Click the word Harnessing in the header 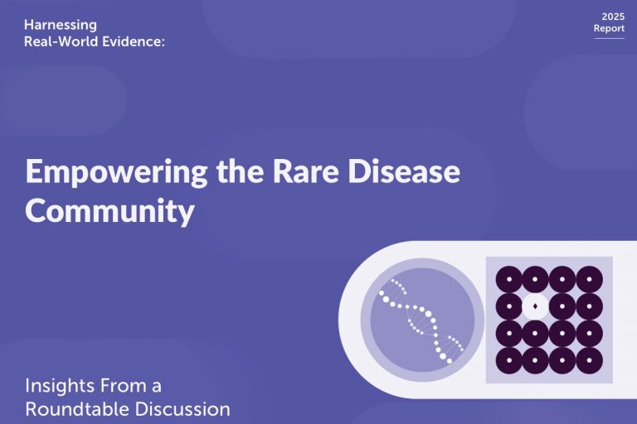coord(61,26)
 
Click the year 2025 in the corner coord(613,17)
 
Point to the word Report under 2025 coord(609,28)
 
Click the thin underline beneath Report coord(610,39)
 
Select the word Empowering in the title coord(117,172)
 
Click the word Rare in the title coord(305,171)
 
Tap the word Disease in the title coord(404,171)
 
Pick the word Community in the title coord(109,212)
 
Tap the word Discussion coord(182,409)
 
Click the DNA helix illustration coord(421,320)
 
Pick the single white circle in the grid coord(535,306)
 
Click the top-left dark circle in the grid coord(509,279)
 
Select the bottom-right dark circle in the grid coord(590,360)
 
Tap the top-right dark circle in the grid coord(590,279)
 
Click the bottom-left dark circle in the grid coord(509,360)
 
